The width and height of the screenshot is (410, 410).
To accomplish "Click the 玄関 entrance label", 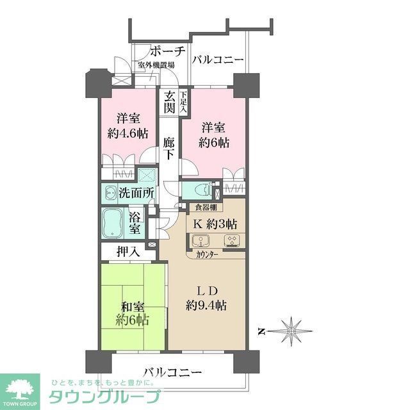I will (x=169, y=102).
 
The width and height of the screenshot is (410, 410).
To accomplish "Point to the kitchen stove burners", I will (x=230, y=242).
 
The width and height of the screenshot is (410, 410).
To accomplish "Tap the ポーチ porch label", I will (x=167, y=52).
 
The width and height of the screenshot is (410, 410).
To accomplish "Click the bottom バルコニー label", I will (x=172, y=372).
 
